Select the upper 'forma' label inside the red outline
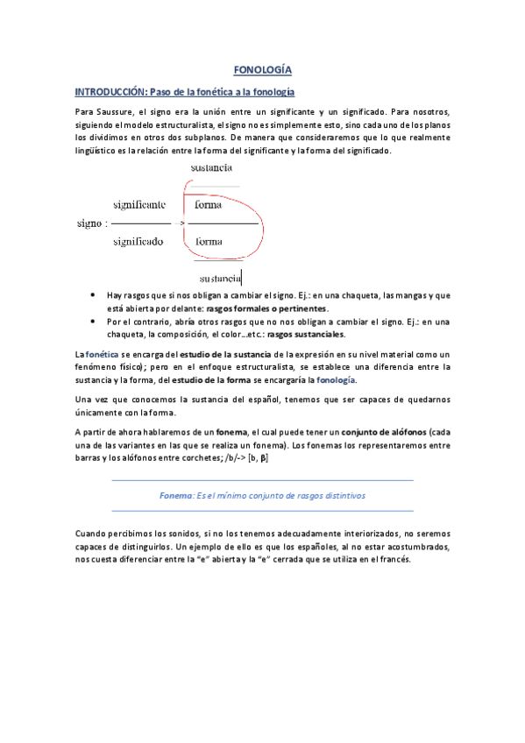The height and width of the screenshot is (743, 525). pos(209,205)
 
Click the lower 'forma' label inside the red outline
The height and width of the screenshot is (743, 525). pos(209,241)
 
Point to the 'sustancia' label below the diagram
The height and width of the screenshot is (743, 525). pos(221,279)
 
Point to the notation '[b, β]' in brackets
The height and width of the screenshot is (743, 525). pos(257,457)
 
